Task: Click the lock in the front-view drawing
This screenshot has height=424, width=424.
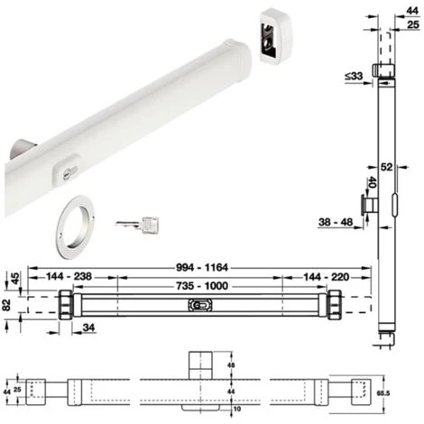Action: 198,307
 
